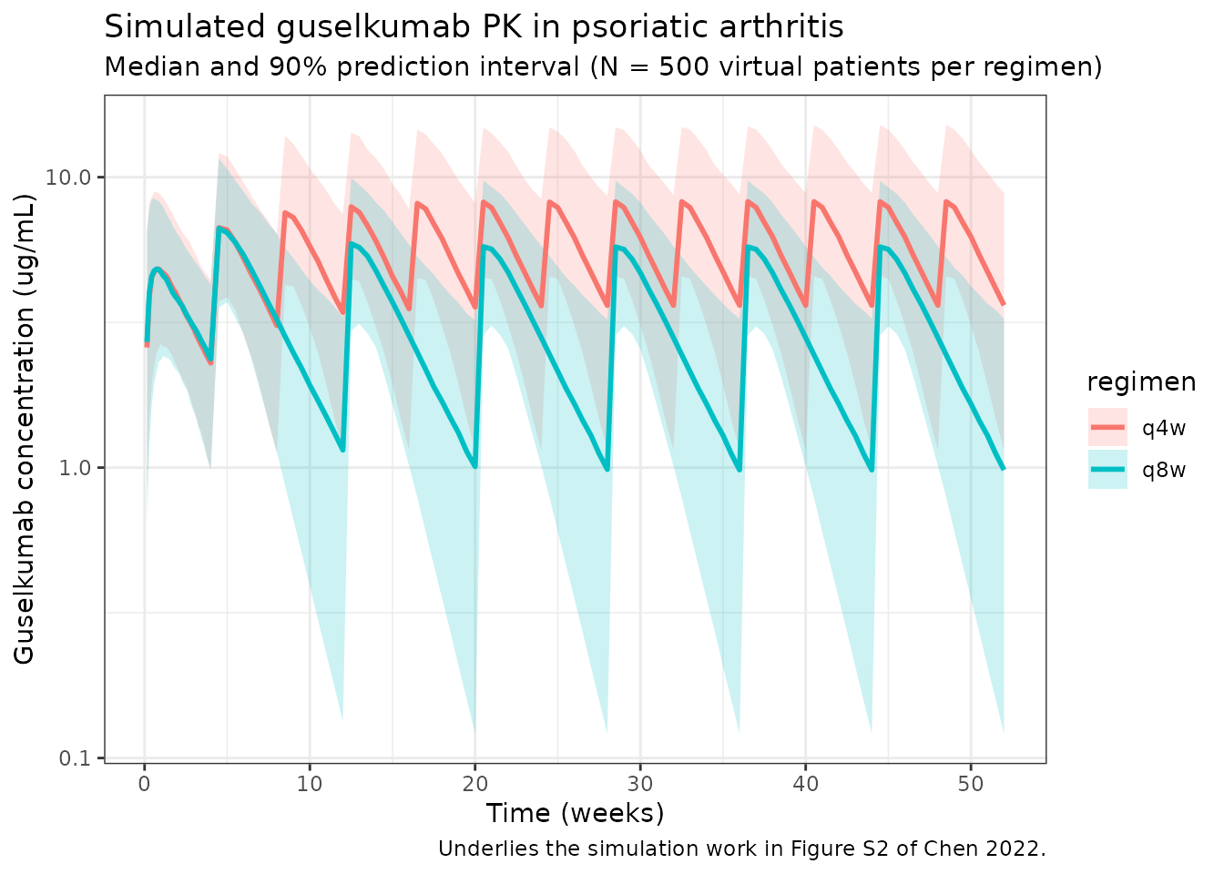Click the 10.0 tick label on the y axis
[70, 177]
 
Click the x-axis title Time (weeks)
[575, 813]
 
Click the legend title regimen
[1141, 382]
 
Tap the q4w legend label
[1164, 428]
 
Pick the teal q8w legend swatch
[1107, 470]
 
